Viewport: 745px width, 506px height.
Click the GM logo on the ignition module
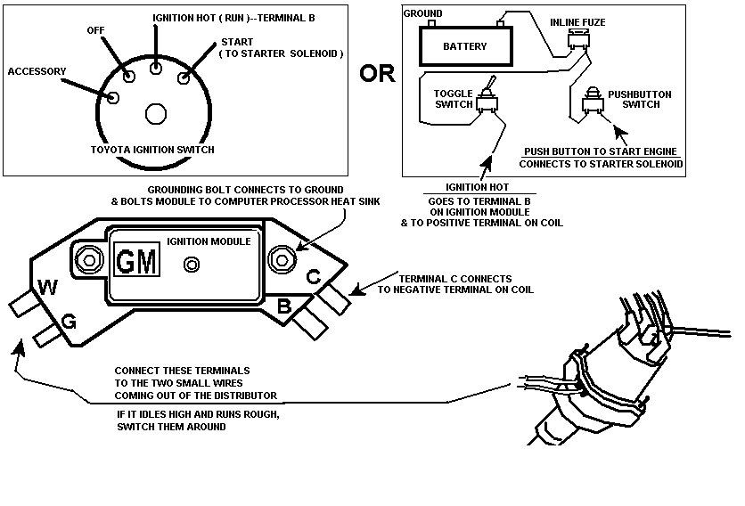[x=137, y=260]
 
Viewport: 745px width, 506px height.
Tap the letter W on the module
[x=47, y=288]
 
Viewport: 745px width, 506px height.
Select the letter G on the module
[x=69, y=322]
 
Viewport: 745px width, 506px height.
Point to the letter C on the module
[x=314, y=276]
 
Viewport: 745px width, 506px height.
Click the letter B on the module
[x=284, y=306]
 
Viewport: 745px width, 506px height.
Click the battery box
[x=465, y=45]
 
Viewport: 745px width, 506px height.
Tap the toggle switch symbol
[x=487, y=97]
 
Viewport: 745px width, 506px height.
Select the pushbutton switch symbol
[x=593, y=101]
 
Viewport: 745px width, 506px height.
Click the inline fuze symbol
[x=578, y=39]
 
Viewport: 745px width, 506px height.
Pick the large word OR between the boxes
[x=377, y=74]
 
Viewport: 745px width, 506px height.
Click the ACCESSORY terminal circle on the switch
[x=113, y=97]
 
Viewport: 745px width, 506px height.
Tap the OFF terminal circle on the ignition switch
[x=129, y=76]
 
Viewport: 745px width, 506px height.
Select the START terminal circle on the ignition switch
[x=184, y=78]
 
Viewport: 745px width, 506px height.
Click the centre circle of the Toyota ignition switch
[x=156, y=114]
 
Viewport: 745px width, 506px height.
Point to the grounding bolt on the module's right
[x=282, y=260]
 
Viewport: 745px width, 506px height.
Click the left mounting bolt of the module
[x=89, y=260]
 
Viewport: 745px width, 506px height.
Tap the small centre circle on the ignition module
[x=192, y=265]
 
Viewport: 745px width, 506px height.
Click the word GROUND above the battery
[x=423, y=13]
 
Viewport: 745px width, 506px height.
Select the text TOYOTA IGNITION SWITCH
[x=152, y=150]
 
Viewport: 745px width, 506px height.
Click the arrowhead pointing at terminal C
[x=356, y=290]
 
